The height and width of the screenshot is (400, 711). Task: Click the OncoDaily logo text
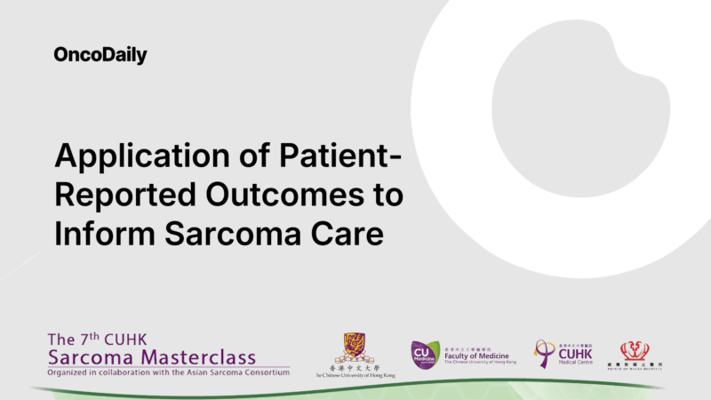[x=100, y=56]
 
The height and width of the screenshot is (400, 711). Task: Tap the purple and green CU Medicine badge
[x=426, y=354]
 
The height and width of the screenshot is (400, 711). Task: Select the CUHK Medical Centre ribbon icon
[x=544, y=353]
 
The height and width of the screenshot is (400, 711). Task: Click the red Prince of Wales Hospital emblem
[x=634, y=351]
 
